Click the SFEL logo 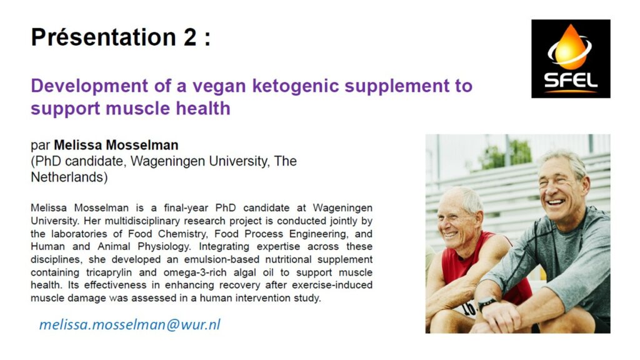[571, 59]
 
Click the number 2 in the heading [190, 37]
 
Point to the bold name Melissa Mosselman [116, 145]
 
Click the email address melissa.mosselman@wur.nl [130, 324]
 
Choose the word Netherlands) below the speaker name [69, 177]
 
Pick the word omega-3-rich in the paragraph [195, 272]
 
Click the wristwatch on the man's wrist [486, 303]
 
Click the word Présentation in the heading [104, 37]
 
